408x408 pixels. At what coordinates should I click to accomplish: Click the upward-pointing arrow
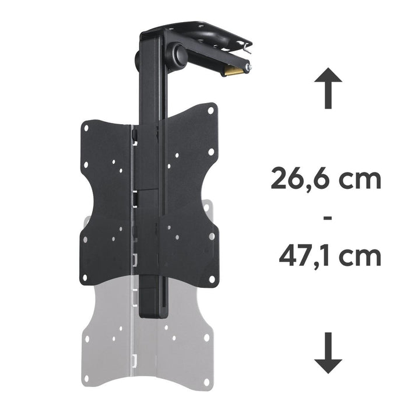(328, 88)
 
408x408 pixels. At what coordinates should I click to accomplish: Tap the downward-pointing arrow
(328, 353)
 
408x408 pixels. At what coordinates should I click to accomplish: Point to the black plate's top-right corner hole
(211, 109)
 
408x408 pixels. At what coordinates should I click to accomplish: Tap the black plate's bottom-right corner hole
(211, 279)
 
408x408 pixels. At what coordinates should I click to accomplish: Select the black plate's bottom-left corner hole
(86, 277)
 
